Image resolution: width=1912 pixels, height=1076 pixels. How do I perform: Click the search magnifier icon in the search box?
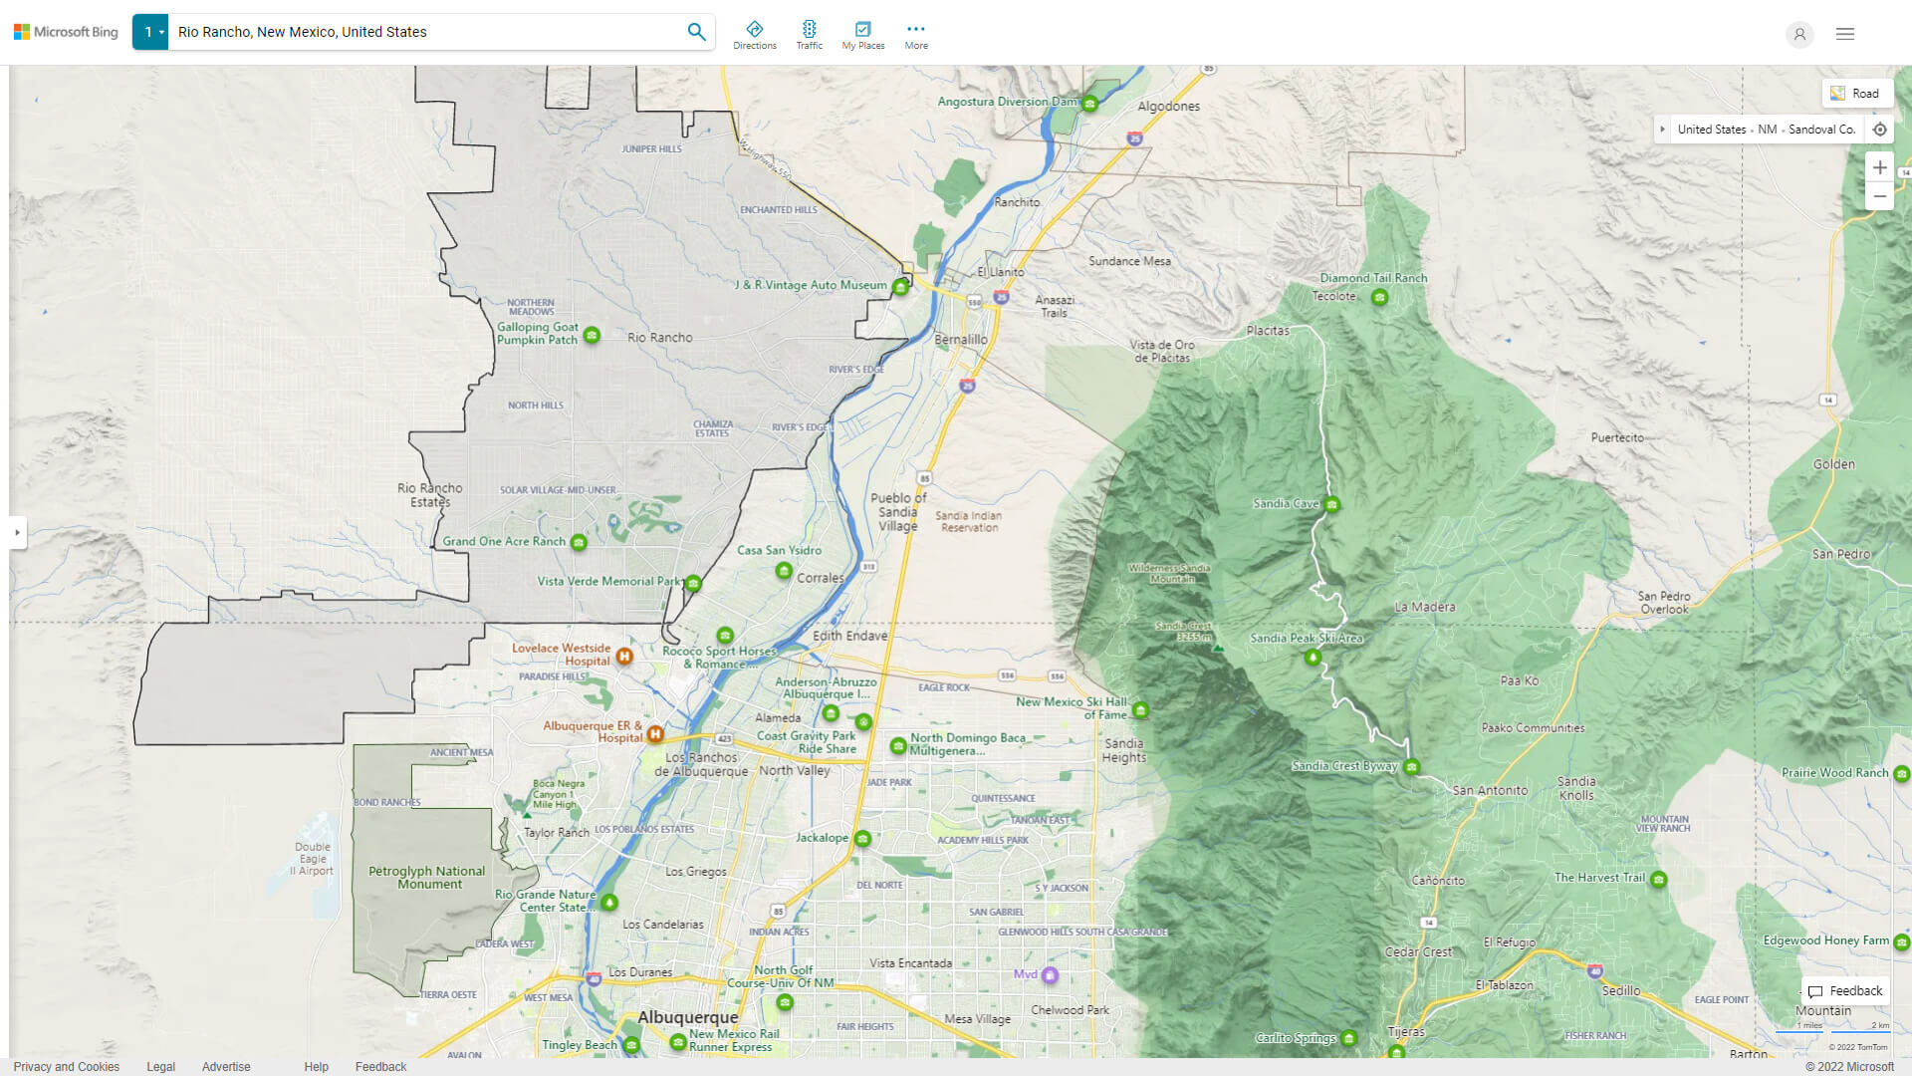pyautogui.click(x=696, y=32)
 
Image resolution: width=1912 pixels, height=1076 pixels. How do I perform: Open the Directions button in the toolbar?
pyautogui.click(x=755, y=34)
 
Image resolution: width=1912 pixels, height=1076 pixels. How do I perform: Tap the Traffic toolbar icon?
pyautogui.click(x=809, y=34)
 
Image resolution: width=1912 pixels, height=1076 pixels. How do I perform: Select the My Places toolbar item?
pyautogui.click(x=862, y=34)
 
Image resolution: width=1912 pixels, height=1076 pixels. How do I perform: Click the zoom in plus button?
pyautogui.click(x=1879, y=167)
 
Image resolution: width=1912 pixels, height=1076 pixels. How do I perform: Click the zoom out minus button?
pyautogui.click(x=1879, y=196)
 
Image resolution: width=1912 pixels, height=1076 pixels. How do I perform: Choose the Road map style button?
pyautogui.click(x=1856, y=94)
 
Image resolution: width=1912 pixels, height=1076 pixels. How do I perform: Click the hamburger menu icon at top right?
pyautogui.click(x=1845, y=34)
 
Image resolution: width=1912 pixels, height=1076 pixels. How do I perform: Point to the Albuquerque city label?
pyautogui.click(x=688, y=1017)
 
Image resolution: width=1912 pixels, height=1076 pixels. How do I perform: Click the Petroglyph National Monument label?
pyautogui.click(x=427, y=877)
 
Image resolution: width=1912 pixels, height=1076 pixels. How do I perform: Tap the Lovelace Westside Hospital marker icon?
pyautogui.click(x=624, y=656)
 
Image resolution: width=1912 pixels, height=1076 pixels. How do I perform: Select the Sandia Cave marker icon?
pyautogui.click(x=1331, y=505)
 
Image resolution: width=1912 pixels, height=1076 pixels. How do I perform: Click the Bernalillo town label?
pyautogui.click(x=960, y=340)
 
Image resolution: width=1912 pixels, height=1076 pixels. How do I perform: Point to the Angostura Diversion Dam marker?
pyautogui.click(x=1090, y=104)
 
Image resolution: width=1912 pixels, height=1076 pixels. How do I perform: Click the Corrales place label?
pyautogui.click(x=820, y=578)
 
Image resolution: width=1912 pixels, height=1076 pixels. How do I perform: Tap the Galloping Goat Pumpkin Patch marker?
pyautogui.click(x=592, y=335)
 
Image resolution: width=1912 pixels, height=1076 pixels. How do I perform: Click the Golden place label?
pyautogui.click(x=1833, y=464)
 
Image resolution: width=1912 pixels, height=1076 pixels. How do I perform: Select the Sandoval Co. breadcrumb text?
pyautogui.click(x=1821, y=130)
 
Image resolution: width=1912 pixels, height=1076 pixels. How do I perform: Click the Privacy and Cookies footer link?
pyautogui.click(x=67, y=1066)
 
